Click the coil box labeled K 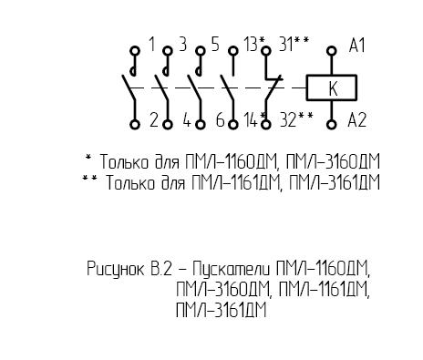[x=331, y=87]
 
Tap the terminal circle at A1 [x=332, y=50]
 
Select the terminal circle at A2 [x=332, y=124]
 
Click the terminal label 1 [x=152, y=45]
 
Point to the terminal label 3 [x=182, y=45]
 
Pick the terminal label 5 [x=215, y=45]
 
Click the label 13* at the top [x=254, y=45]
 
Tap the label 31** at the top [x=294, y=45]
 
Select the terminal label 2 [x=154, y=119]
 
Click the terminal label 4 [x=187, y=119]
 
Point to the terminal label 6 [x=220, y=119]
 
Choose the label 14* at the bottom [x=255, y=119]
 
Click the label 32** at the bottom [x=296, y=119]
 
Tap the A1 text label [x=356, y=46]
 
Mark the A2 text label [x=356, y=119]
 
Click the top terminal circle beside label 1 [x=135, y=50]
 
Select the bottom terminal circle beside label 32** [x=266, y=124]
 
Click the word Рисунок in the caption [x=116, y=269]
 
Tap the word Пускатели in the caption [x=232, y=269]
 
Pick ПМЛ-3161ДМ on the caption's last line [x=222, y=310]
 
